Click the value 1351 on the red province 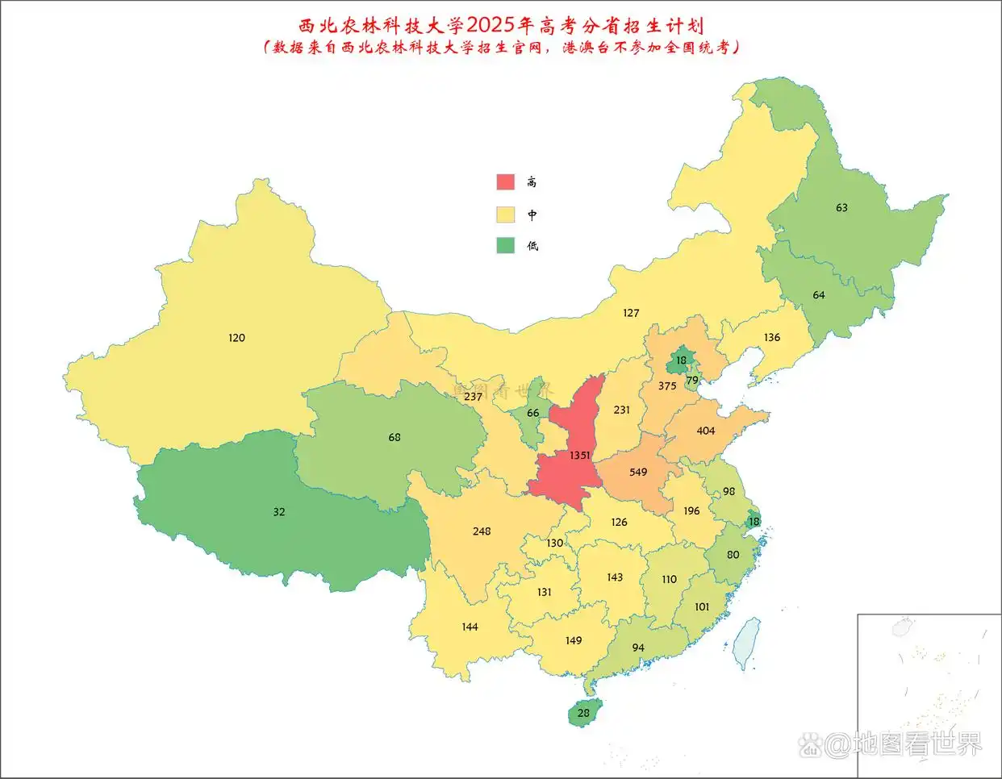coord(579,456)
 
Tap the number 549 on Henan coord(638,472)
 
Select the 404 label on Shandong coord(706,431)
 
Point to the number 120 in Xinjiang coord(236,338)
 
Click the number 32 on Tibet coord(279,512)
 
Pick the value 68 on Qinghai coord(395,437)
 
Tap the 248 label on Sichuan coord(482,531)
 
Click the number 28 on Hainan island coord(583,713)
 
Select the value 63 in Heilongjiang coord(841,207)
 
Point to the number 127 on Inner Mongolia coord(631,313)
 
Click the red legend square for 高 coord(505,181)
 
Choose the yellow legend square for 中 coord(505,215)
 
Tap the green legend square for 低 coord(505,245)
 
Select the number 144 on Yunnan coord(470,627)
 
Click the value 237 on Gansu coord(473,397)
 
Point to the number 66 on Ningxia coord(532,413)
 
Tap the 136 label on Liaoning coord(772,337)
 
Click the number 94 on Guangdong coord(638,648)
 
